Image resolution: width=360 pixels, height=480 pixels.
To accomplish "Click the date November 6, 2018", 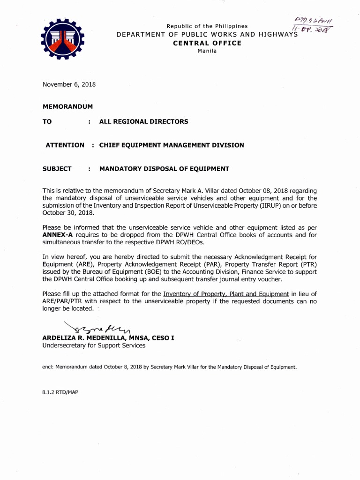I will point(69,84).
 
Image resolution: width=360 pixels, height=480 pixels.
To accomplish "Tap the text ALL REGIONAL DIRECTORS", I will point(143,121).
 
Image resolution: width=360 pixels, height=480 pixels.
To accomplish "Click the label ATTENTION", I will point(65,145).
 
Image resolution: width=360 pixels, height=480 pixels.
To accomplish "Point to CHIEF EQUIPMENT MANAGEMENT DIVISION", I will point(172,145).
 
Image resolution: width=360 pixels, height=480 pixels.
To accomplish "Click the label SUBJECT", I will point(57,169).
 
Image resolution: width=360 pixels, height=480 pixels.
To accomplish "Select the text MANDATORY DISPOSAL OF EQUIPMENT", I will point(164,169).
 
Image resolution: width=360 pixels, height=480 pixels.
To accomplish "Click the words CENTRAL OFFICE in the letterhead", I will point(207,43).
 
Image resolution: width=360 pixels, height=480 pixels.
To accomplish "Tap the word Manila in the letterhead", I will point(207,51).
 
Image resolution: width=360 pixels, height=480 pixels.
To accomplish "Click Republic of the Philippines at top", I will point(207,26).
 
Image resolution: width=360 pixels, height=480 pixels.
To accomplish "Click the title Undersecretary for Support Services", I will point(94,345).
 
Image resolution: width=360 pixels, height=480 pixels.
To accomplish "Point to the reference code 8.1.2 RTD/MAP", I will point(60,392).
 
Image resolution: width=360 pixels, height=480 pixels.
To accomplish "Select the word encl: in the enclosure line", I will point(48,367).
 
